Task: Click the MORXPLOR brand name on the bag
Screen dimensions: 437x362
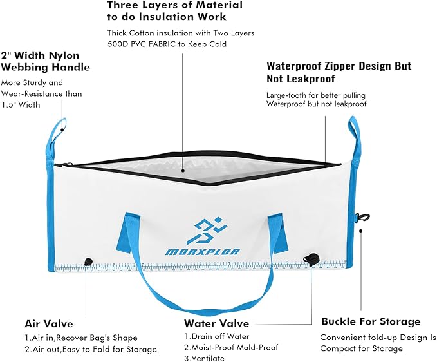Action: point(203,252)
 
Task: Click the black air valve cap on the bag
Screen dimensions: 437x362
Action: point(89,262)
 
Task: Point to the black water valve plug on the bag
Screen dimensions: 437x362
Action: point(311,258)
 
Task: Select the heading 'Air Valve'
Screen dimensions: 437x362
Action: point(49,324)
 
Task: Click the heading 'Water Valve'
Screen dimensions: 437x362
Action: point(216,323)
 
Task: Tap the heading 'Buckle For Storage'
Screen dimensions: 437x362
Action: point(371,321)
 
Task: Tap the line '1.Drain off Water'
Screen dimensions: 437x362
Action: point(217,336)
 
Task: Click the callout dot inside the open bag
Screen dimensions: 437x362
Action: point(183,171)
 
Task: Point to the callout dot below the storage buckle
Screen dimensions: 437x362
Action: point(360,231)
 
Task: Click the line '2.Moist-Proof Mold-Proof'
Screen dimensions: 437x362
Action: point(231,347)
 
